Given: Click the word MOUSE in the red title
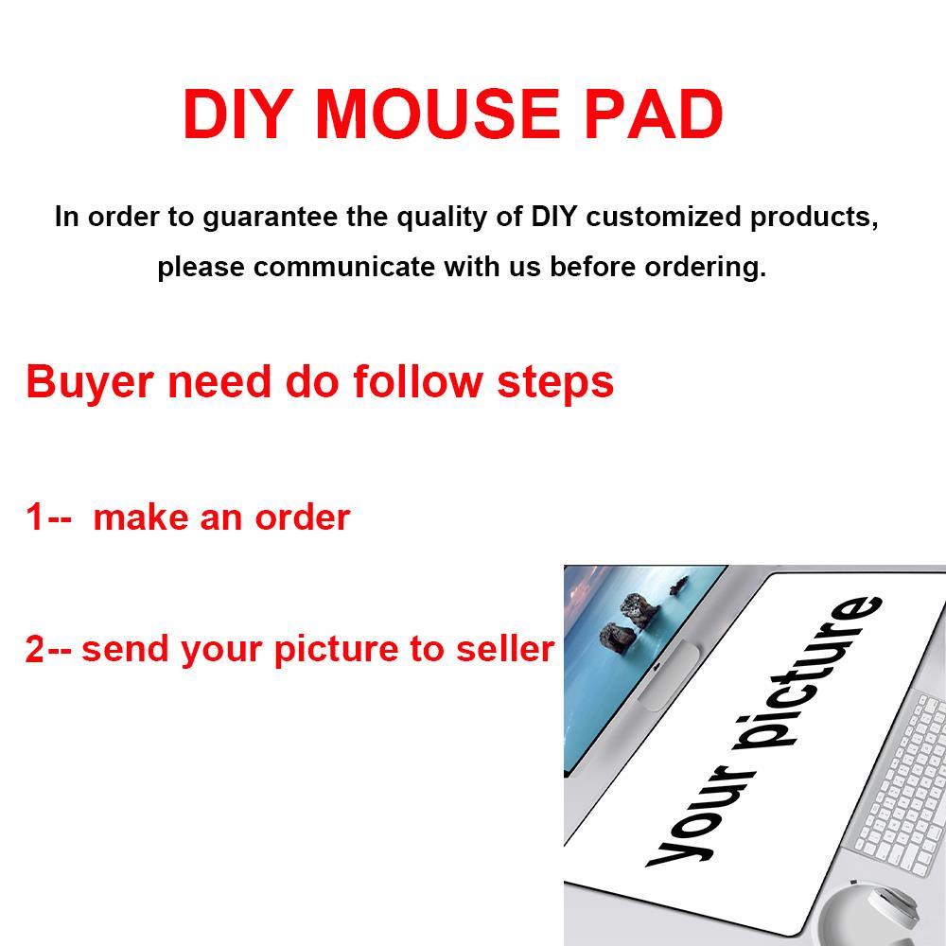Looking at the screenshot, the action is coord(438,114).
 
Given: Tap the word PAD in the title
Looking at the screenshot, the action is coord(654,114).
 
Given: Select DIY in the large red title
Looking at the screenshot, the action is coord(237,114).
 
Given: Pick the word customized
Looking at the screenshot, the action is coord(663,217).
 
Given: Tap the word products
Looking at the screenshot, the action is coord(814,219).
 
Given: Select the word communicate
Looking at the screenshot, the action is coord(344,267).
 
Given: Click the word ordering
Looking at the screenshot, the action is coord(706,268).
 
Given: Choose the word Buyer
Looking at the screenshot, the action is coord(89,383).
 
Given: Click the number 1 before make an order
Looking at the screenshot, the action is coord(34,517).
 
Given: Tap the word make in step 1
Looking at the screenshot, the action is coord(141,517).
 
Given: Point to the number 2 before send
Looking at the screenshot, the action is coord(34,649).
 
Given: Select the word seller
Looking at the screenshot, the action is coord(505,649).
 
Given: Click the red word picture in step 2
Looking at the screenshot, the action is coord(336,651).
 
